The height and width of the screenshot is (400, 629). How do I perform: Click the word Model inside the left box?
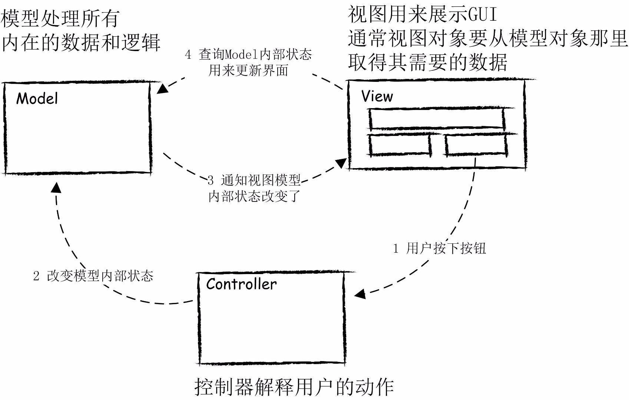point(37,99)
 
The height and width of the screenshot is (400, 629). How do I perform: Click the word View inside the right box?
point(377,96)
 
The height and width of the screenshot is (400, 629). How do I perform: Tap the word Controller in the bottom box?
point(241,284)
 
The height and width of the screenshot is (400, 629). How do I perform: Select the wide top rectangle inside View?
point(437,119)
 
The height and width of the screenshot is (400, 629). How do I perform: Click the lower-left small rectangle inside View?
point(400,144)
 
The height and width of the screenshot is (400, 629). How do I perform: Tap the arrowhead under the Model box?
point(56,187)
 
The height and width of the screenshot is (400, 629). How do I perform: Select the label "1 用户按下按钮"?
point(439,248)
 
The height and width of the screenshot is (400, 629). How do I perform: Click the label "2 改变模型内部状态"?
point(93,276)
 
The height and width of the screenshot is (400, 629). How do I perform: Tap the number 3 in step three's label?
point(211,181)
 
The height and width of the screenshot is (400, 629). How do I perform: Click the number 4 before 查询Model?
point(188,55)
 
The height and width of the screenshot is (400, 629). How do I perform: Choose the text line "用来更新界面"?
point(248,70)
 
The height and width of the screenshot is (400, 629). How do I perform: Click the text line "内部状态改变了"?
point(254,196)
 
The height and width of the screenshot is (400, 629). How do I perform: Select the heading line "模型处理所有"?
point(60,19)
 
